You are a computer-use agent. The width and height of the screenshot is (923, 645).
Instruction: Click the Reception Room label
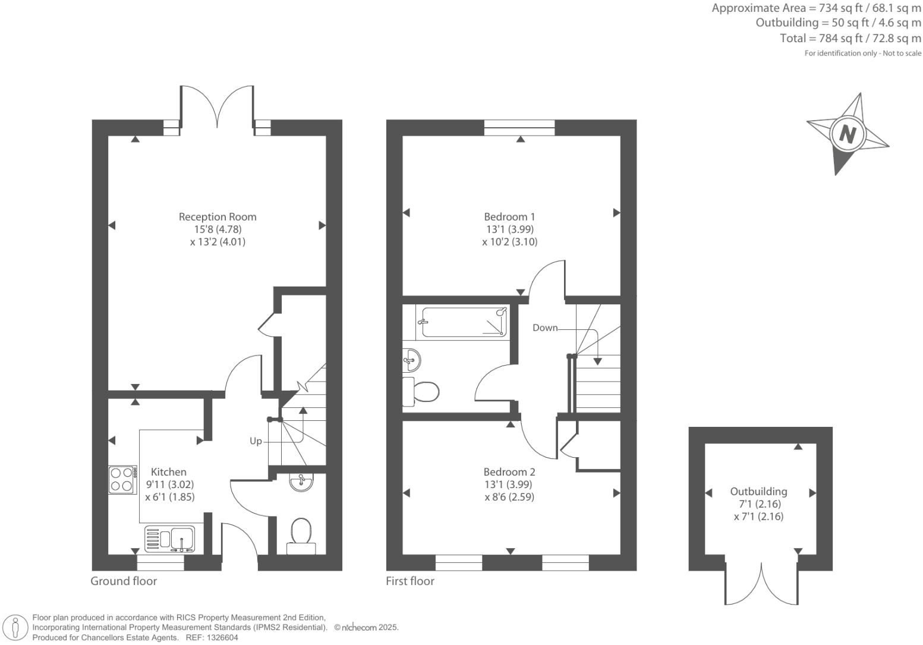point(218,217)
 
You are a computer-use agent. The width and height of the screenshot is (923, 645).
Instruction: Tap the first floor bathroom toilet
point(421,392)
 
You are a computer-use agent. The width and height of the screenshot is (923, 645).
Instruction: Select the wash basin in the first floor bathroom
point(411,359)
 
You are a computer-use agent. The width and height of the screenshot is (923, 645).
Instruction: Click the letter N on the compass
point(847,134)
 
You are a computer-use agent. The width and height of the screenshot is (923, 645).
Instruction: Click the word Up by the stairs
point(256,441)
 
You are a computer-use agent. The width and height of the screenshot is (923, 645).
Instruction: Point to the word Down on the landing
point(544,328)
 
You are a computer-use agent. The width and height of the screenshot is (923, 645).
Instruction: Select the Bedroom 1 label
point(509,217)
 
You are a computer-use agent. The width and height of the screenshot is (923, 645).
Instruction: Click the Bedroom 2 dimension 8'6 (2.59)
point(509,497)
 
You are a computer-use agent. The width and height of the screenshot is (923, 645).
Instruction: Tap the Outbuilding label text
point(758,492)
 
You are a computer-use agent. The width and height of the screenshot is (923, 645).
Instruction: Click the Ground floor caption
point(124,581)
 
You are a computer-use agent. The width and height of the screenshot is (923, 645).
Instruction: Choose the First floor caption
point(410,581)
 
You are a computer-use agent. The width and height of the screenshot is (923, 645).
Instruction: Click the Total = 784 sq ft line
point(850,39)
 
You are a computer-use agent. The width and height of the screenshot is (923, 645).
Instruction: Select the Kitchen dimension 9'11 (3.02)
point(169,484)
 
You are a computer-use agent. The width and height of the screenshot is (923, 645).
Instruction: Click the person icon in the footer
point(16,627)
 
